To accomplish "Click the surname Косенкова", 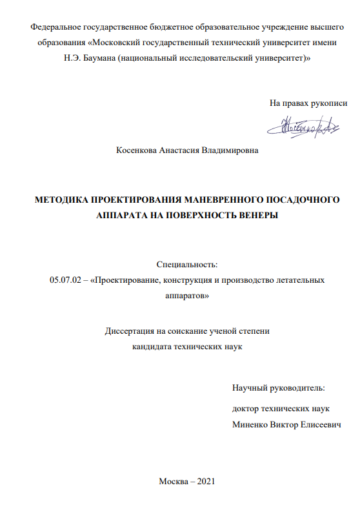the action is (x=138, y=151).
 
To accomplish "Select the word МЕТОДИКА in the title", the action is (x=61, y=200).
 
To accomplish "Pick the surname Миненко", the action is (x=252, y=425).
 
